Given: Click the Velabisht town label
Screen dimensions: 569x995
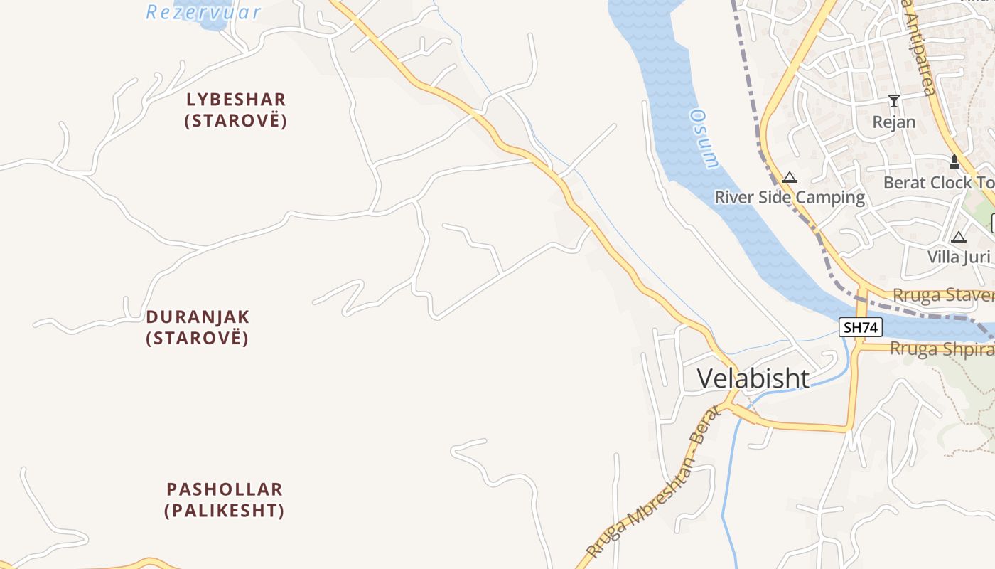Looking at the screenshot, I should pos(753,378).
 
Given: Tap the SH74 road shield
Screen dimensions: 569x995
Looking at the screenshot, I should pos(861,327).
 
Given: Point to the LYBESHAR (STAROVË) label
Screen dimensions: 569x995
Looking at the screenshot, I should pos(236,110).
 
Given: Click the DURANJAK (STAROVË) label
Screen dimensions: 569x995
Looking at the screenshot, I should pos(198,326).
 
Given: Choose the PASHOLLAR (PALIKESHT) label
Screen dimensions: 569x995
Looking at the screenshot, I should pos(225,499).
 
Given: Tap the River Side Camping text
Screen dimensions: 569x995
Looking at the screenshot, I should pos(790,197).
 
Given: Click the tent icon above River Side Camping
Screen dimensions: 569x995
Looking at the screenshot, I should pos(790,177).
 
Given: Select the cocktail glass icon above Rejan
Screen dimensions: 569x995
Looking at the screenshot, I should pos(894,101).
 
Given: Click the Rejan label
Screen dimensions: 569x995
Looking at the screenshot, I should pos(894,122).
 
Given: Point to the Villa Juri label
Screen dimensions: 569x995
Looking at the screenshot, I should pos(958,256).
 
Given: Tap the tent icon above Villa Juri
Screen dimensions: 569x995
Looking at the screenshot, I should pos(959,237).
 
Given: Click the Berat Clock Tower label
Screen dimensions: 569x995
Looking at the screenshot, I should pos(938,183).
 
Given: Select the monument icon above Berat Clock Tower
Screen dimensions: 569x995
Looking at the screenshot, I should pos(954,162).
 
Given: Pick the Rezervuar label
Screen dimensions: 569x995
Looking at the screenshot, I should pos(203,12).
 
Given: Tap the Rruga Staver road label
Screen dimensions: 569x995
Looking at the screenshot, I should pos(942,295).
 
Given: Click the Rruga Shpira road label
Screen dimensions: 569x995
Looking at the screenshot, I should pos(941,349).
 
